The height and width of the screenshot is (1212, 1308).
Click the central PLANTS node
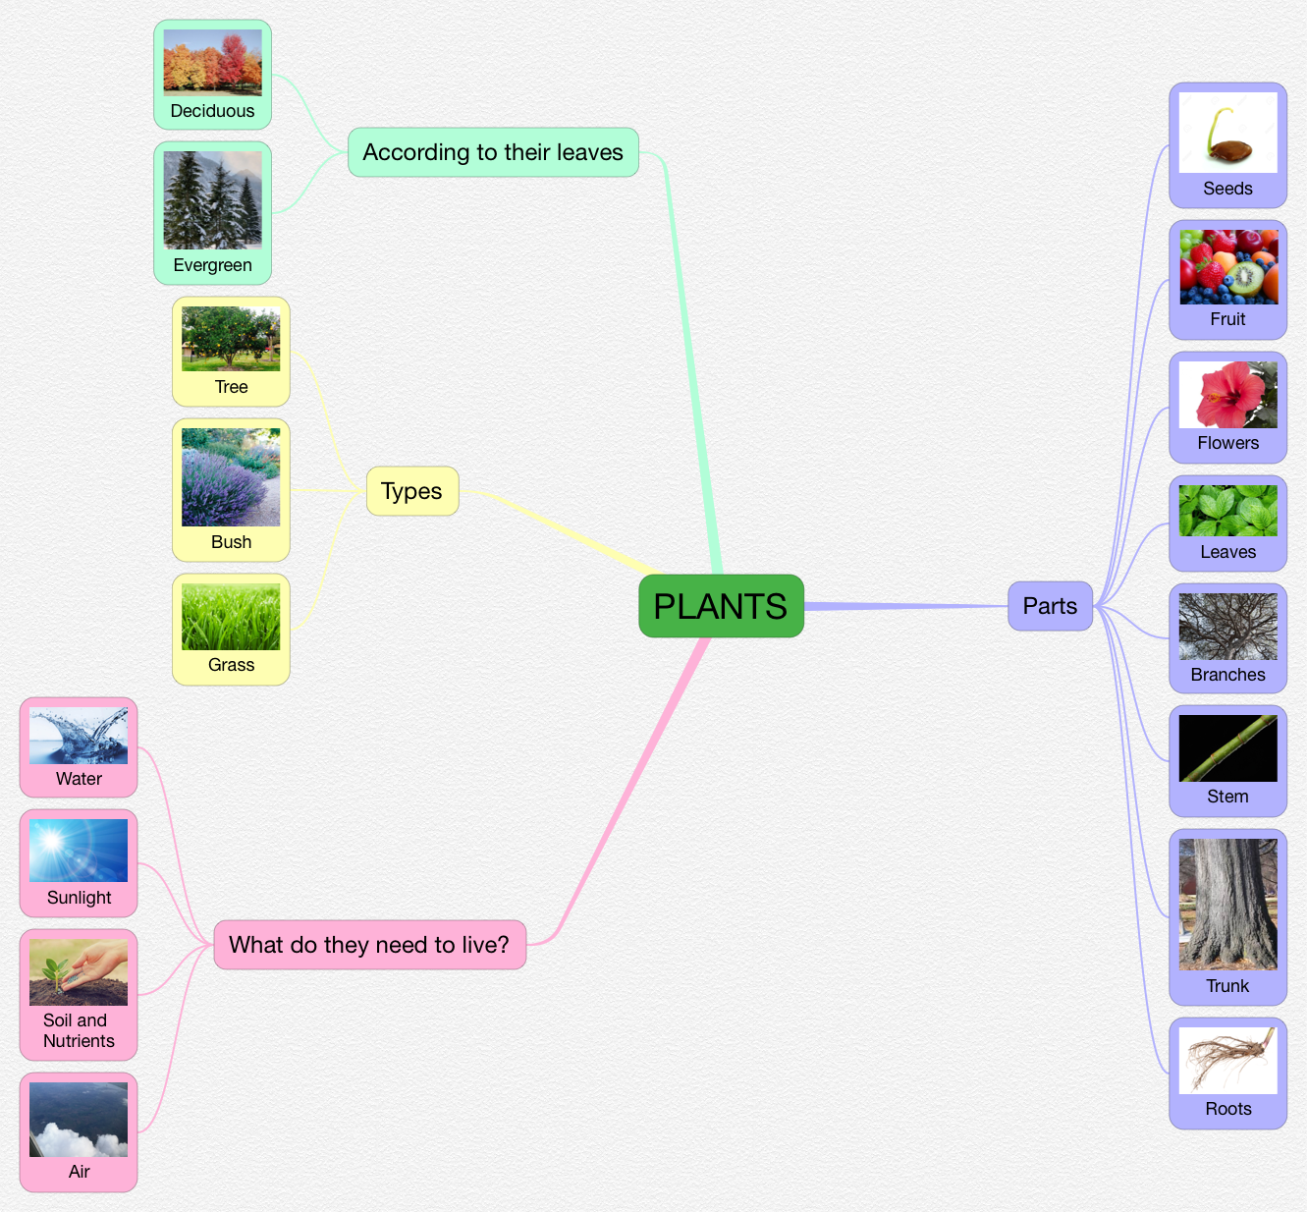pyautogui.click(x=721, y=606)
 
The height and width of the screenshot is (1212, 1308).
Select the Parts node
pyautogui.click(x=1050, y=606)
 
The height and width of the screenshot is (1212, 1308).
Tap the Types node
pyautogui.click(x=411, y=491)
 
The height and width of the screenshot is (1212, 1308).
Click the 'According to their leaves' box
pyautogui.click(x=493, y=152)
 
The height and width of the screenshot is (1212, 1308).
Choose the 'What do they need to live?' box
pyautogui.click(x=369, y=945)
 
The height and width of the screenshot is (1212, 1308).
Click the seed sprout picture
pyautogui.click(x=1227, y=133)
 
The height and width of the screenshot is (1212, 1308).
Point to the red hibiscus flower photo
pyautogui.click(x=1227, y=395)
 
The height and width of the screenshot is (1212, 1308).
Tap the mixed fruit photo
pyautogui.click(x=1227, y=267)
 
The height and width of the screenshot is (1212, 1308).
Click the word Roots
pyautogui.click(x=1227, y=1109)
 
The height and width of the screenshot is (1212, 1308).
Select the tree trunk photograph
pyautogui.click(x=1227, y=905)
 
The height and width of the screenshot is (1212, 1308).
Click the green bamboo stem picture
pyautogui.click(x=1227, y=748)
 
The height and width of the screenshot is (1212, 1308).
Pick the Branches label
pyautogui.click(x=1227, y=675)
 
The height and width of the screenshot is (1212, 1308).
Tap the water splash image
pyautogui.click(x=79, y=736)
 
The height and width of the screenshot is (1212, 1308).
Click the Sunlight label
pyautogui.click(x=79, y=898)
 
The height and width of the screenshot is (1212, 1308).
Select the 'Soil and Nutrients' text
pyautogui.click(x=79, y=1030)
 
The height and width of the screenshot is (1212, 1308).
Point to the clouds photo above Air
pyautogui.click(x=79, y=1120)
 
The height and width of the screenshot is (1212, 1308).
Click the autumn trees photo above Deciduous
pyautogui.click(x=212, y=62)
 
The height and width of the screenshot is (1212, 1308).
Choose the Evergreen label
pyautogui.click(x=212, y=265)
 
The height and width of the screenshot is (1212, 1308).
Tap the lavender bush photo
pyautogui.click(x=231, y=477)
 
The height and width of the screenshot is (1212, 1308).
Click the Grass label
pyautogui.click(x=231, y=665)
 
